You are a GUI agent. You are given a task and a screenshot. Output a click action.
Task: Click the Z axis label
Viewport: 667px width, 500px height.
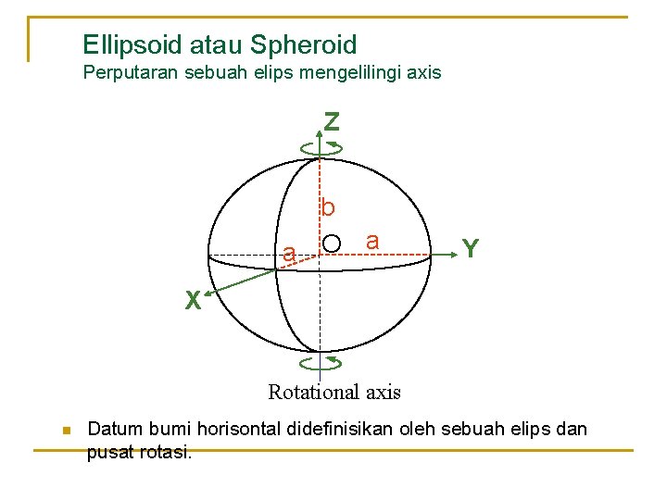[331, 121]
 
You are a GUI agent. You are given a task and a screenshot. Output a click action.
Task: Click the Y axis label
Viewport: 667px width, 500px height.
[471, 248]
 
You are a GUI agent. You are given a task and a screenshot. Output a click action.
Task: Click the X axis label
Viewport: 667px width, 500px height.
[192, 300]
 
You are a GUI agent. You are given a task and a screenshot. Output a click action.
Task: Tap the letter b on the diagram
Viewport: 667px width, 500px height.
[328, 208]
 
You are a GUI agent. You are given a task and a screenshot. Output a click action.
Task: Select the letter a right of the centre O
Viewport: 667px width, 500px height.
[371, 241]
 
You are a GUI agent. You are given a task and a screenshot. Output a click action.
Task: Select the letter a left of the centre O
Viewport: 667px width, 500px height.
[290, 253]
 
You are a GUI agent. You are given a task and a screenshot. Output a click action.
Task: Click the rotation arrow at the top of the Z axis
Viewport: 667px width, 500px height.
[321, 146]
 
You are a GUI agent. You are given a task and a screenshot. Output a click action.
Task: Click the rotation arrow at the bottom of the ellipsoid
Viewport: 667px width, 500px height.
[321, 363]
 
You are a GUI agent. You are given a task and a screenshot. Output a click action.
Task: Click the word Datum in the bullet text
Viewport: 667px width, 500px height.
[112, 430]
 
